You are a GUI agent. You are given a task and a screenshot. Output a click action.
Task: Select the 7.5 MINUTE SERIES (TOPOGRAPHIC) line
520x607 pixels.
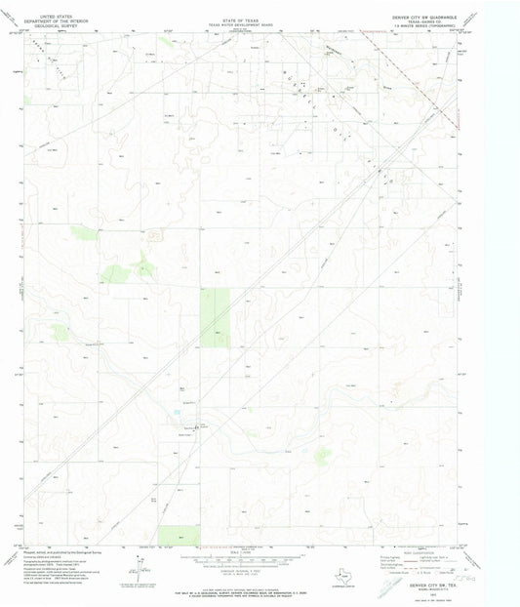click(430, 22)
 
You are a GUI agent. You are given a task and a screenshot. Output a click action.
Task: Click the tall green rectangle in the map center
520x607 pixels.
click(215, 318)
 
